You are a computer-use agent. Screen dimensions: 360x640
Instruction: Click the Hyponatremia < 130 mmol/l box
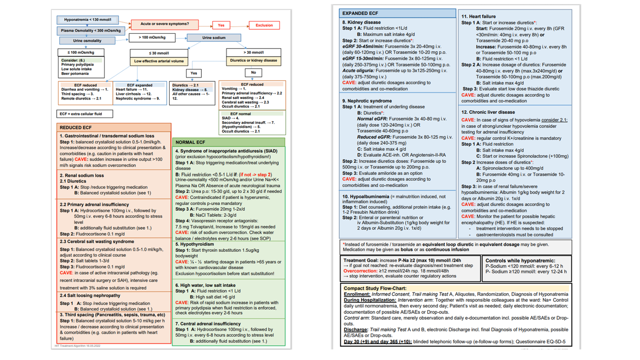(x=88, y=20)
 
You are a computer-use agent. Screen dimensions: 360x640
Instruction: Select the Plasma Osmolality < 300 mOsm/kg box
(x=91, y=30)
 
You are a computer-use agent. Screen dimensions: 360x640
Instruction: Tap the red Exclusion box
(x=264, y=25)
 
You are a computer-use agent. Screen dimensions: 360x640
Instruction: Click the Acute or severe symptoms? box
(x=164, y=24)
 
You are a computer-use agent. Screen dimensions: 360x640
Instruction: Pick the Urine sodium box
(x=214, y=38)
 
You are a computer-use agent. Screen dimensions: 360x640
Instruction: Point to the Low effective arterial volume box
(x=159, y=61)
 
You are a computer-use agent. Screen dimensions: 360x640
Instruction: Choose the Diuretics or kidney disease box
(x=253, y=61)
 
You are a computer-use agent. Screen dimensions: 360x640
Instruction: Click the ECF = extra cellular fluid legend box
(x=84, y=114)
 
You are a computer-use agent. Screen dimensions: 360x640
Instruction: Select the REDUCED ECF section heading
(x=76, y=128)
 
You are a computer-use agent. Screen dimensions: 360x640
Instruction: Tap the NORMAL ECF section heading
(x=190, y=142)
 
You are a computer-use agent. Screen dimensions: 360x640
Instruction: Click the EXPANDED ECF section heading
(x=360, y=13)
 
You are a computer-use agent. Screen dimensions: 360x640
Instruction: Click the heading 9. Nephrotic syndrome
(x=367, y=101)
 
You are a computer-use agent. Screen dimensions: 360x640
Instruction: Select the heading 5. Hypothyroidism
(x=194, y=244)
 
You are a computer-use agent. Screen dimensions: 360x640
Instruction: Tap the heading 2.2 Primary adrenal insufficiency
(x=94, y=204)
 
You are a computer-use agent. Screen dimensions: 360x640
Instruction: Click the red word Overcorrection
(x=360, y=271)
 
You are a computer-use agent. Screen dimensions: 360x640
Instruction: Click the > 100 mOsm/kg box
(x=152, y=38)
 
